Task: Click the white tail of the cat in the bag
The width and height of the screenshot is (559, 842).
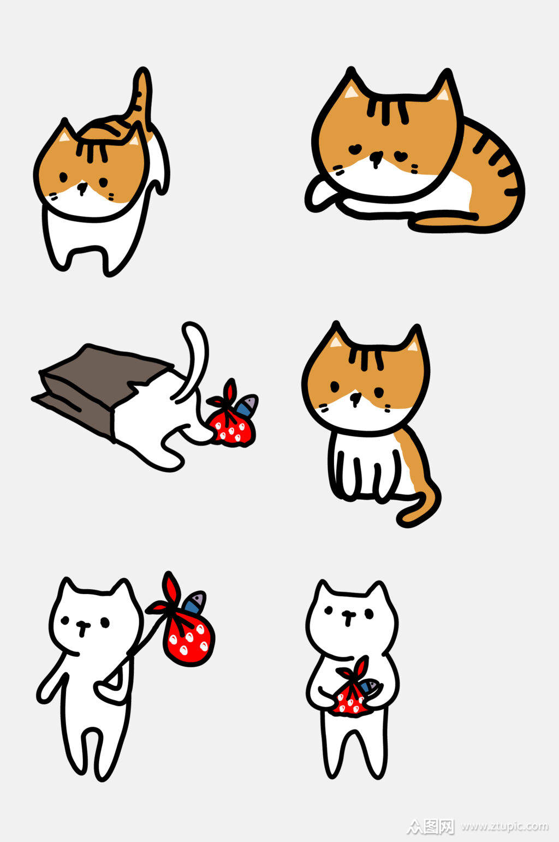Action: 194,355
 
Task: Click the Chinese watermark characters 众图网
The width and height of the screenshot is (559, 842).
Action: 431,826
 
